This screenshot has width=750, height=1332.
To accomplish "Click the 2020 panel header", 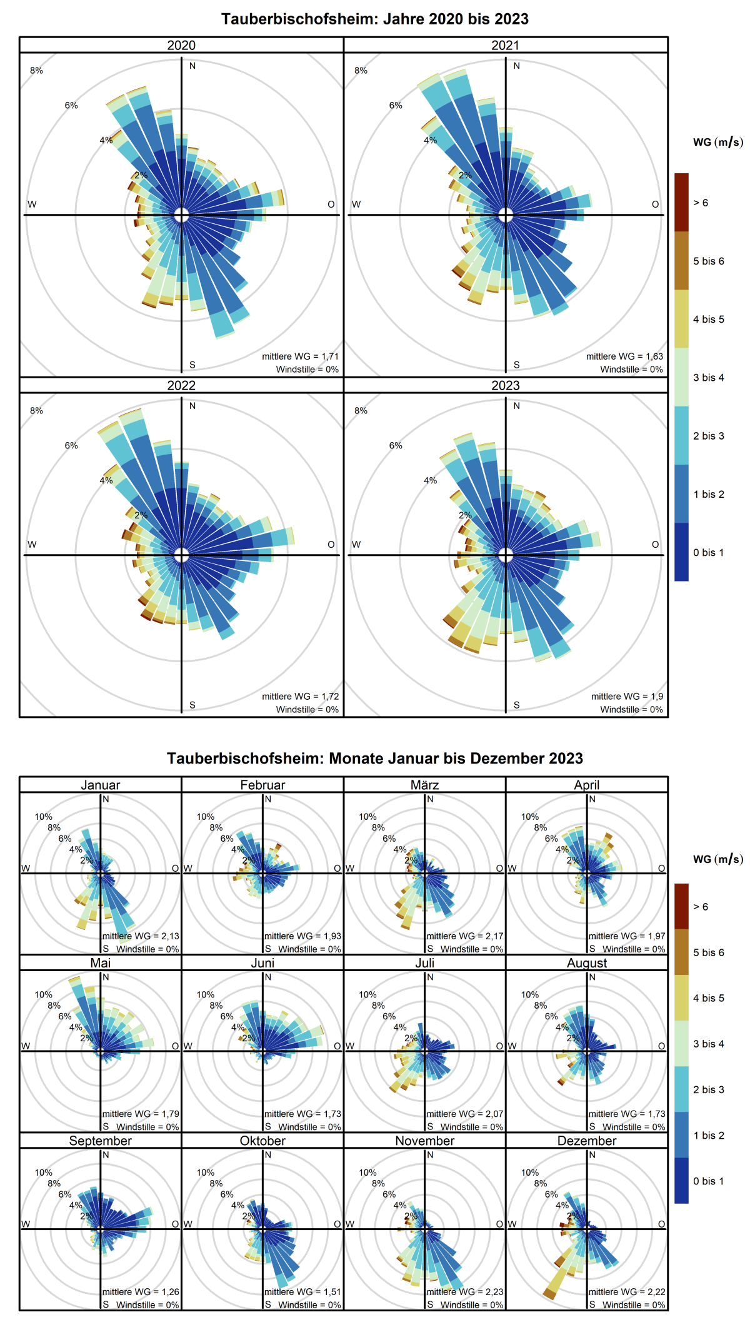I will pos(181,45).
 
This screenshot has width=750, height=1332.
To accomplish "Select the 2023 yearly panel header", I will pos(505,385).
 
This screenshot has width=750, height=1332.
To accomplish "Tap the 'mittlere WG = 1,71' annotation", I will pos(300,356).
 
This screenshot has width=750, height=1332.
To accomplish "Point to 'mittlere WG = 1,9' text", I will pos(627,696).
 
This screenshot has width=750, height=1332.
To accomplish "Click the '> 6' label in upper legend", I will pos(701,203).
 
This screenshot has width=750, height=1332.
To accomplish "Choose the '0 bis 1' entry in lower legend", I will pos(708,1181).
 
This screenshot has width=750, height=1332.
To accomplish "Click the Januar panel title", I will pos(100,785).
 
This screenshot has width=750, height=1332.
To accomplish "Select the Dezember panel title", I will pos(587,1141).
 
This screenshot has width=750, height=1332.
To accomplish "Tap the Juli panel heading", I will pos(424,963).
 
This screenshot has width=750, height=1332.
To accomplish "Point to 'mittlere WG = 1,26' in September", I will pos(141,1291).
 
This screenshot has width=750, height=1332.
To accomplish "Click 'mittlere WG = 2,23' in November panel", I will pos(465,1291).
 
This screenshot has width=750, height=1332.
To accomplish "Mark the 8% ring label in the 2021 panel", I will pos(361,71).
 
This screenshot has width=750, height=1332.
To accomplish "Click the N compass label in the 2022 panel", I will pos(192,406).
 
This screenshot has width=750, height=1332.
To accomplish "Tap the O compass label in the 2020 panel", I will pos(331,204).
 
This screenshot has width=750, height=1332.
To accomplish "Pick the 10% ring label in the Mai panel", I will pos(43,994).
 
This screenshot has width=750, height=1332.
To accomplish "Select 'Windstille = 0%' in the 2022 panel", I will pos(307,709).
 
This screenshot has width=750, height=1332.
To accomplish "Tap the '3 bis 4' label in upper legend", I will pos(708,377).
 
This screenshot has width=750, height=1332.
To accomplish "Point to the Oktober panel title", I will pos(262,1141).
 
